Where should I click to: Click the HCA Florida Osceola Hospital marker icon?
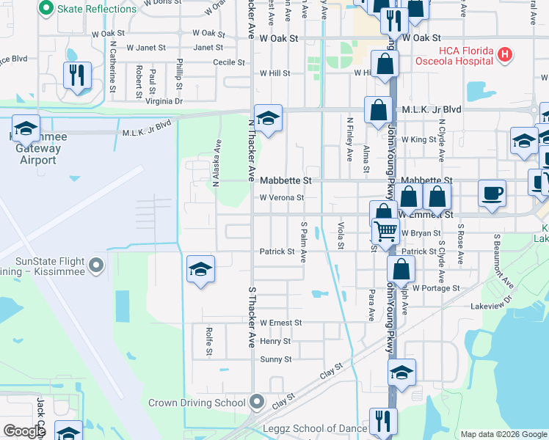(504, 54)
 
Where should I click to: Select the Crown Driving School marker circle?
(256, 402)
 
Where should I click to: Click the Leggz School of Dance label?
(317, 428)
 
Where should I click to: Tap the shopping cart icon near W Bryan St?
(385, 232)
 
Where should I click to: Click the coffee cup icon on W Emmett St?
(492, 194)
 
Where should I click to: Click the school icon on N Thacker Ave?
(268, 117)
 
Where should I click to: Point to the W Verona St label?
(281, 197)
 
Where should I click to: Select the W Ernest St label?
(280, 323)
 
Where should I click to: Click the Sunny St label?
(276, 359)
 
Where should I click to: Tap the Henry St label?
(275, 341)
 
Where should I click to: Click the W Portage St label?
(435, 288)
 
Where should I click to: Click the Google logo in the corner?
(24, 431)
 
